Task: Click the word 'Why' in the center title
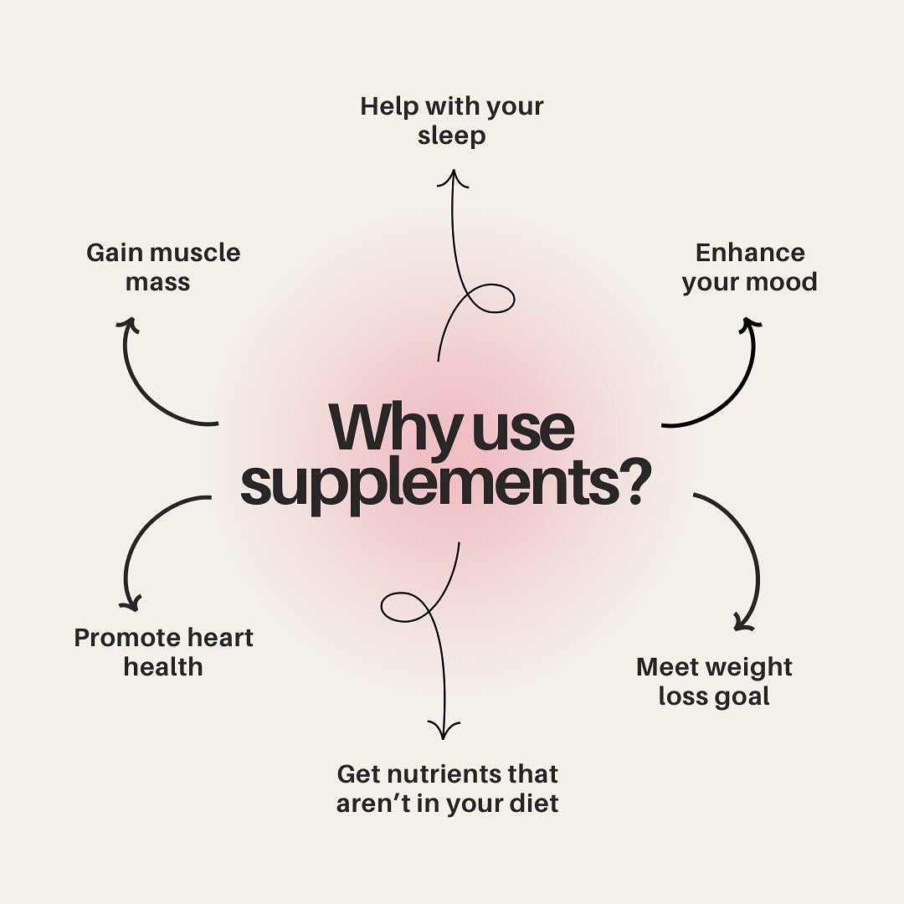[x=394, y=429]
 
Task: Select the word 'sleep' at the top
[x=451, y=136]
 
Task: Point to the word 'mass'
[x=157, y=282]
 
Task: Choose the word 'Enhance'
[x=749, y=253]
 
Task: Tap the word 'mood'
[x=782, y=282]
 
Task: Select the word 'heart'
[x=221, y=638]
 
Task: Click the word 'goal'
[x=741, y=696]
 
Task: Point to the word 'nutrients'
[x=454, y=773]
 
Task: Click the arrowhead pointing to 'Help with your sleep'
[x=453, y=177]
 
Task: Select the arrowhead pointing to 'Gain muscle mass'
[x=127, y=325]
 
